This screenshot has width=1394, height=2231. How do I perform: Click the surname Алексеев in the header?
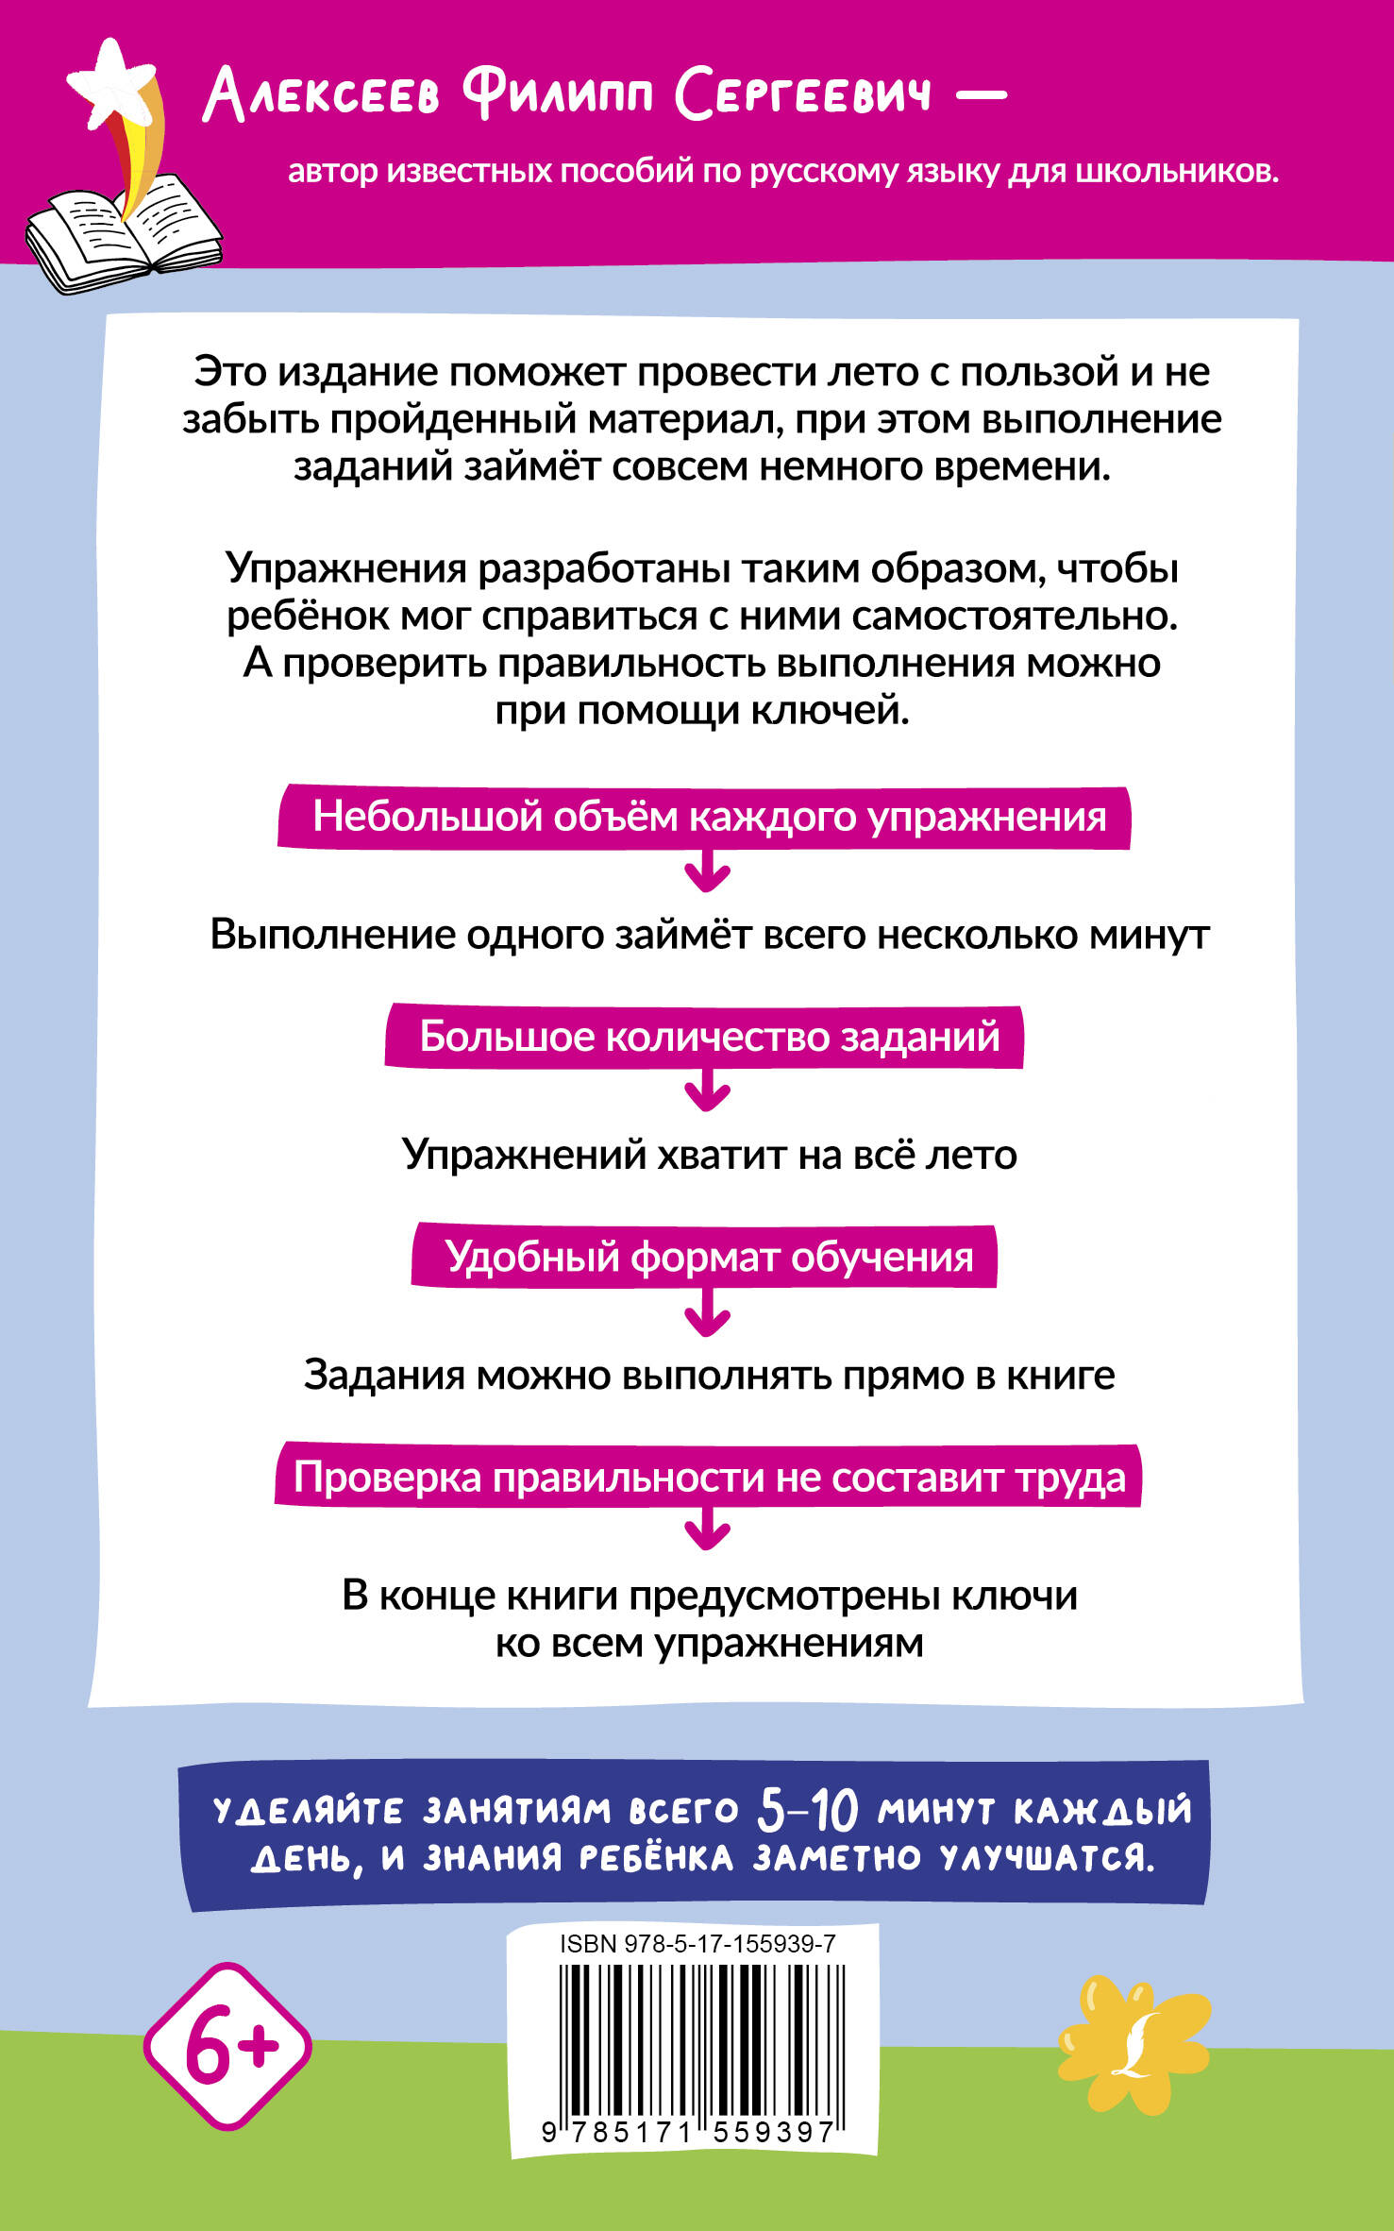322,95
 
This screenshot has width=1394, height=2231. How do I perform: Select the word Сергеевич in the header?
803,94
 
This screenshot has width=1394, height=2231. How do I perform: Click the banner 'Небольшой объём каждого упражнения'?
704,817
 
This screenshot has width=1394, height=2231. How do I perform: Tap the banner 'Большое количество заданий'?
704,1037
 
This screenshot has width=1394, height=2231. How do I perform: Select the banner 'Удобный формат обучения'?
704,1257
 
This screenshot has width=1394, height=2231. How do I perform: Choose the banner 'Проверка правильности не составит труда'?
708,1477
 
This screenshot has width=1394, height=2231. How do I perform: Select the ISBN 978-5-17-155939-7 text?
697,1943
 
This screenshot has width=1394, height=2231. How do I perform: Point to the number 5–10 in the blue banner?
808,1810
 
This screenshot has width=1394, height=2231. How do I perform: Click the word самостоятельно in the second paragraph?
1015,616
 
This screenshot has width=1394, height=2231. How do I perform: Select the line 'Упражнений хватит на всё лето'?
710,1154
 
